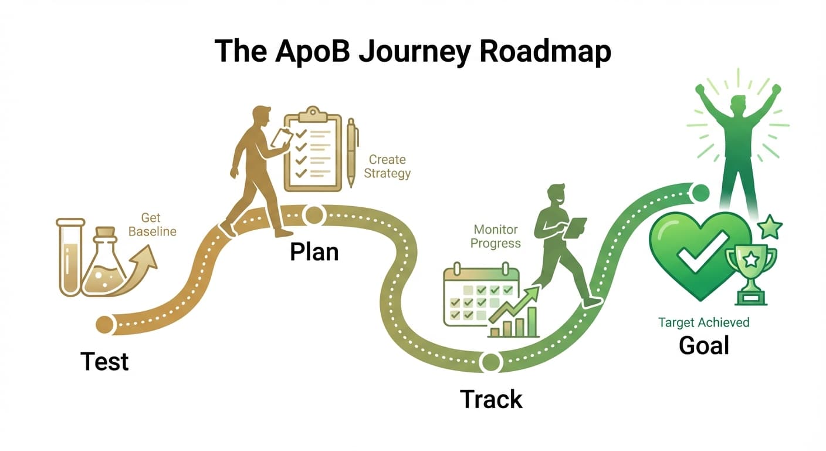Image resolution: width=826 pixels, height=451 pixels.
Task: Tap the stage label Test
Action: pos(104,361)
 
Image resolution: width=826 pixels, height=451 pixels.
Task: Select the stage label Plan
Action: pos(314,251)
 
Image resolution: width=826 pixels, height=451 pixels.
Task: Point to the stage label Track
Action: pos(491,399)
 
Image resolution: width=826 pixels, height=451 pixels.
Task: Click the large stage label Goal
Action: pos(703,345)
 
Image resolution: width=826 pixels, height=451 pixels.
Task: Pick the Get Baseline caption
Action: pos(152,225)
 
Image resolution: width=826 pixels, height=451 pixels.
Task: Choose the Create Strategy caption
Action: pos(387,166)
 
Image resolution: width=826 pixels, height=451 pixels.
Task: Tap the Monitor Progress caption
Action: pos(496,237)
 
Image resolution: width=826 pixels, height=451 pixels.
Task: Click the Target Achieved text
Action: pos(703,322)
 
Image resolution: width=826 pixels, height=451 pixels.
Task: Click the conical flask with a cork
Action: pos(105,264)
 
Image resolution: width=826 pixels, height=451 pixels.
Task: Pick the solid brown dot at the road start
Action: pos(104,324)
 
